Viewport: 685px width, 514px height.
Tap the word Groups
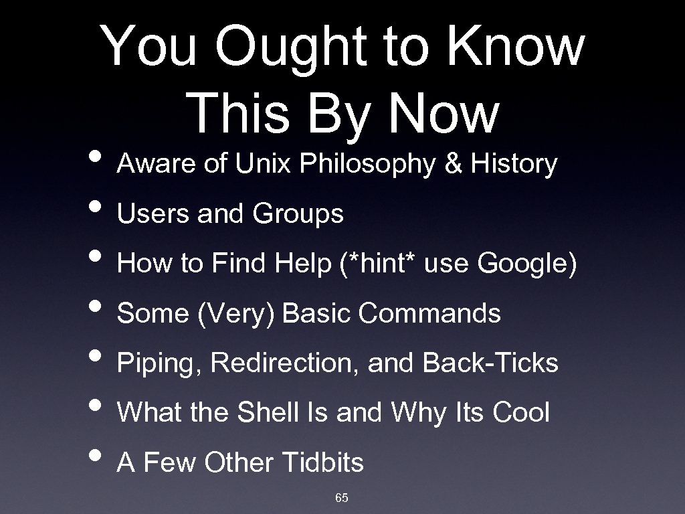tap(298, 214)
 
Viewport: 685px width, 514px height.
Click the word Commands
tap(429, 313)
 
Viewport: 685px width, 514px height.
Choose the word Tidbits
tap(324, 462)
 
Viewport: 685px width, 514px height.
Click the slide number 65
tap(342, 497)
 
